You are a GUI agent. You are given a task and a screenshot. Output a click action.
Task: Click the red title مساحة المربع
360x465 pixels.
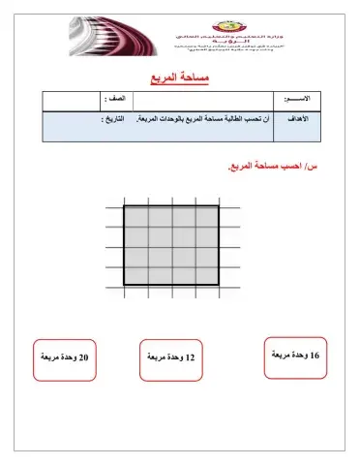[181, 76]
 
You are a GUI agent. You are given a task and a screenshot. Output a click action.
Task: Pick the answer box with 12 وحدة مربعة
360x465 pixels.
[172, 359]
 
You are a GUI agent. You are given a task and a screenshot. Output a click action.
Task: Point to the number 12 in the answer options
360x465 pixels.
[190, 359]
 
